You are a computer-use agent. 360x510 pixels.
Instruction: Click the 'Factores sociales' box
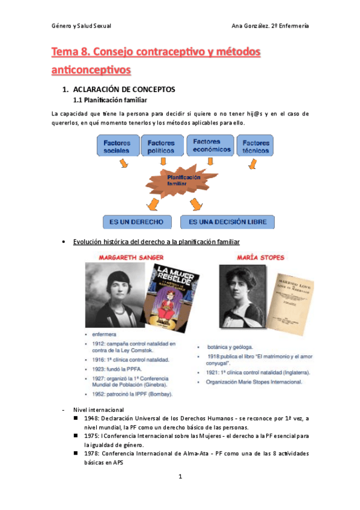pos(117,147)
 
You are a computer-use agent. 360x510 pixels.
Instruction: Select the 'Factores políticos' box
pos(160,147)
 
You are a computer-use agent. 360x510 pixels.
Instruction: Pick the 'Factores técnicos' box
pos(256,147)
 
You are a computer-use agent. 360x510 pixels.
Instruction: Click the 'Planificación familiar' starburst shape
pos(184,180)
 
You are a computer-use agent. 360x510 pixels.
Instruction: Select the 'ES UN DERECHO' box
pos(137,222)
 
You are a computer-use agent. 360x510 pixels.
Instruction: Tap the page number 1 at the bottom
pos(180,476)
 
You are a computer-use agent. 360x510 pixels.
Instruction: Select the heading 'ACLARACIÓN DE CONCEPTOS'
pos(127,90)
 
